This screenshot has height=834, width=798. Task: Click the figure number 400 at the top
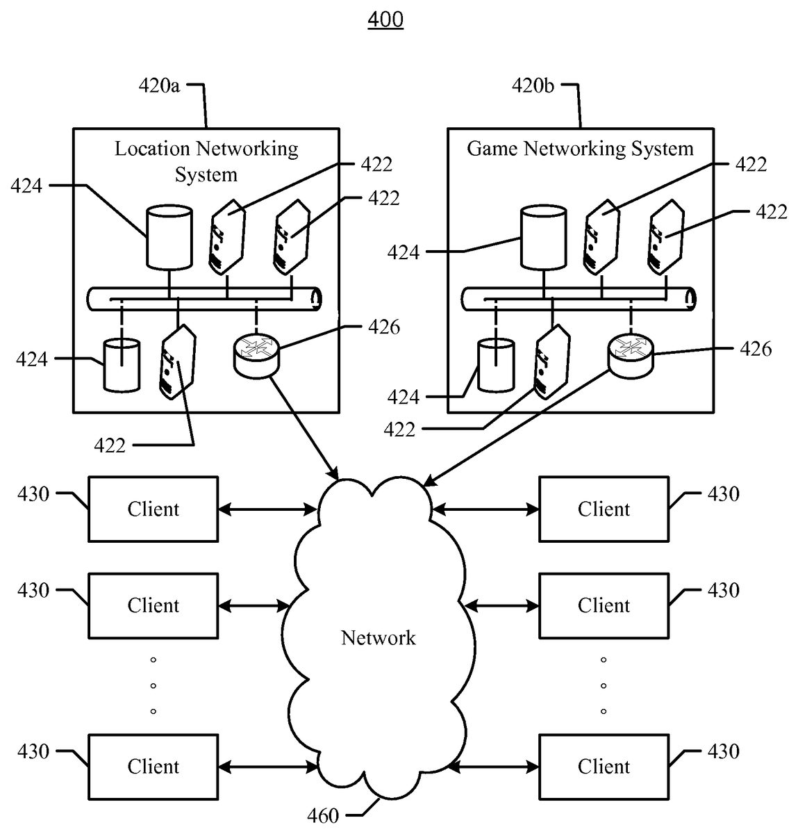[x=385, y=19]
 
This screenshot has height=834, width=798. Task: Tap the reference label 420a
[x=159, y=85]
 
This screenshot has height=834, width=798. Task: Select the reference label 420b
[x=533, y=85]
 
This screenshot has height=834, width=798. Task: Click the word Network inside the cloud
[x=378, y=638]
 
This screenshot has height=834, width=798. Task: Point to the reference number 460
[x=323, y=815]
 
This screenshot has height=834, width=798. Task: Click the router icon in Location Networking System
[x=256, y=355]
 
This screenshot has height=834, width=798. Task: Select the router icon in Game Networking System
[x=631, y=355]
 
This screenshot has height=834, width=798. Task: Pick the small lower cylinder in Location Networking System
[x=122, y=365]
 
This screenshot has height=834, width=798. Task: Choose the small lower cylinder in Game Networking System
[x=496, y=365]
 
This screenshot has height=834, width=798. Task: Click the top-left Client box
[x=153, y=509]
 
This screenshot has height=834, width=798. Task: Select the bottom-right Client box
[x=604, y=767]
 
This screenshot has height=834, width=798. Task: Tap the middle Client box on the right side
[x=604, y=606]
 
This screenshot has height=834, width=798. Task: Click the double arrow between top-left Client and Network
[x=267, y=509]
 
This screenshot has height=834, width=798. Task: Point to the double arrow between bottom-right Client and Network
[x=493, y=767]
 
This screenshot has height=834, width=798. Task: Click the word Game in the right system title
[x=492, y=149]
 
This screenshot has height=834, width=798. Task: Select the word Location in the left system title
[x=152, y=149]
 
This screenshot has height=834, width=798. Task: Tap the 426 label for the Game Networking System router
[x=756, y=350]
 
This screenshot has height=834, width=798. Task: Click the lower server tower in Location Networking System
[x=178, y=361]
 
